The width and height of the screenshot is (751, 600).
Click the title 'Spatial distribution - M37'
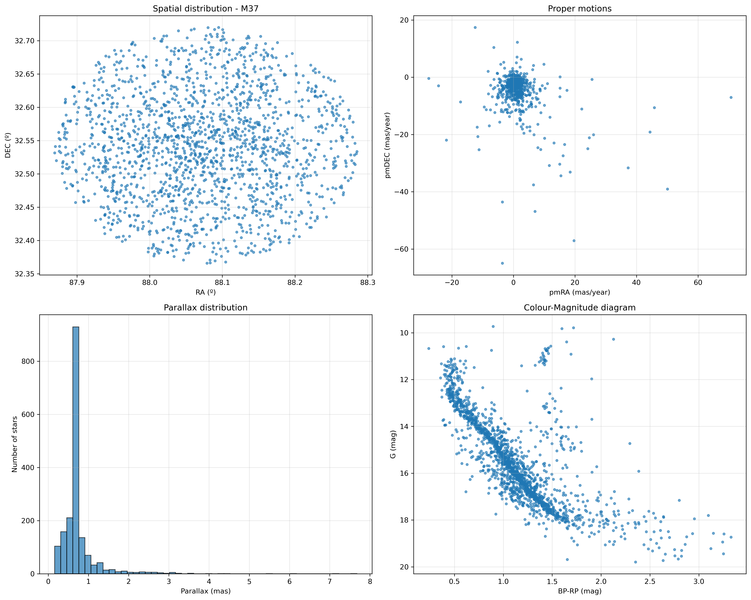[x=205, y=9]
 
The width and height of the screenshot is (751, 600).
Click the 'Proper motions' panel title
[x=580, y=9]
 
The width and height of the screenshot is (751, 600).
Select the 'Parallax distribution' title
[x=205, y=308]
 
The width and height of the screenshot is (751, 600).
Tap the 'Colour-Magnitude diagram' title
[x=580, y=308]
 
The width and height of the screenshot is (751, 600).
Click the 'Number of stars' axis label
[x=15, y=444]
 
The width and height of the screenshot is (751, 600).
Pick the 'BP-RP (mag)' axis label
[x=580, y=591]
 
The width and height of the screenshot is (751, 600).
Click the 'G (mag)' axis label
[x=393, y=444]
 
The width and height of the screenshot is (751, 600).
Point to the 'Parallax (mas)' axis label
[x=205, y=591]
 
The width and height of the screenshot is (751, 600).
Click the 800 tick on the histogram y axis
[x=28, y=361]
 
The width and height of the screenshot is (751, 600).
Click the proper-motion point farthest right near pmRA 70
[x=731, y=98]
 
